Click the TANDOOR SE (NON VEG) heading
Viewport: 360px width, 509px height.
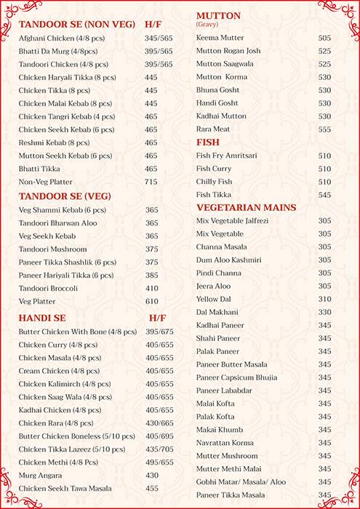coord(76,23)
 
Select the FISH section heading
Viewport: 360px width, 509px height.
coord(208,143)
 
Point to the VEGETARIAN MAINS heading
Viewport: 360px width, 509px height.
coord(246,207)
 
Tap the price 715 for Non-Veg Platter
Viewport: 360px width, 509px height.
coord(151,182)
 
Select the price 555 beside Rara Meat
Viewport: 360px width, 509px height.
coord(324,129)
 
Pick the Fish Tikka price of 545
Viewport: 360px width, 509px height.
coord(324,195)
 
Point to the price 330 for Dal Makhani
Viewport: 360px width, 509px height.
coord(324,312)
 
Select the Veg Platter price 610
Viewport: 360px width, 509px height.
coord(151,301)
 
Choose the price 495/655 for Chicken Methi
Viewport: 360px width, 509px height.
coord(159,462)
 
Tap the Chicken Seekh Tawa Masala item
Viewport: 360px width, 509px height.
coord(65,489)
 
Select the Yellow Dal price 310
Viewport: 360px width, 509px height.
coord(324,299)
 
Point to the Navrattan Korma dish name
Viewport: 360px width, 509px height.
coord(227,443)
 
